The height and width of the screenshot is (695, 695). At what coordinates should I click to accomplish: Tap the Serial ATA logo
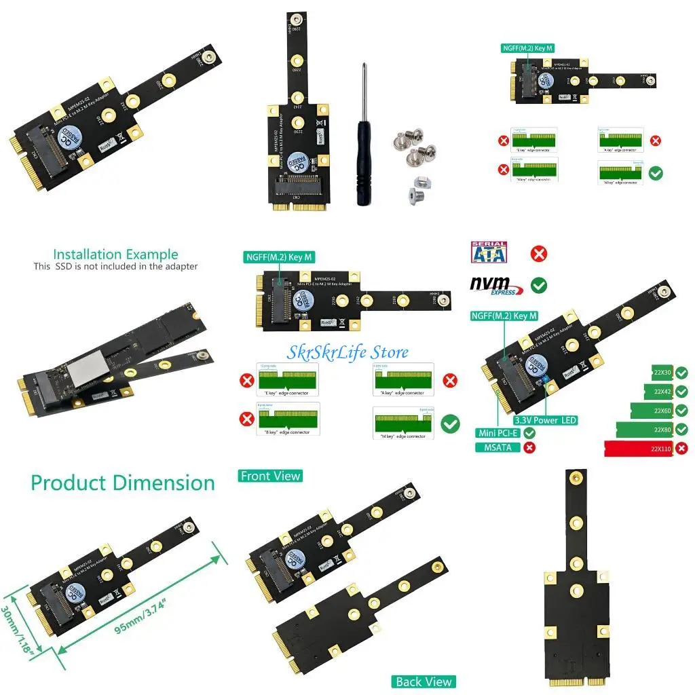point(489,252)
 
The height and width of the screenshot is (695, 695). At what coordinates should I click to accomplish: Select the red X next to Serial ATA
point(539,254)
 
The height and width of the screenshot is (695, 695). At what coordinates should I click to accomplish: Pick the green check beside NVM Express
point(539,285)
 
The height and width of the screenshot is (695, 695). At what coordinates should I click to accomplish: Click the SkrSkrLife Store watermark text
point(347,352)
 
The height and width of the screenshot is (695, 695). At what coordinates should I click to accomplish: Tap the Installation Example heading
point(115,255)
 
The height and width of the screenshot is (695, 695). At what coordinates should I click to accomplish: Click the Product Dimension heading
point(123,483)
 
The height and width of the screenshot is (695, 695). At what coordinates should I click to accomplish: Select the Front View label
point(270,476)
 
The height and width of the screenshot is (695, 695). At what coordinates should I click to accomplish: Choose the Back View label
point(423,681)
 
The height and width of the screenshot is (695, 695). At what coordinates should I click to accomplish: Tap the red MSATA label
point(498,447)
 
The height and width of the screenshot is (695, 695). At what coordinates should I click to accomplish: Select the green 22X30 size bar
point(662,373)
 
